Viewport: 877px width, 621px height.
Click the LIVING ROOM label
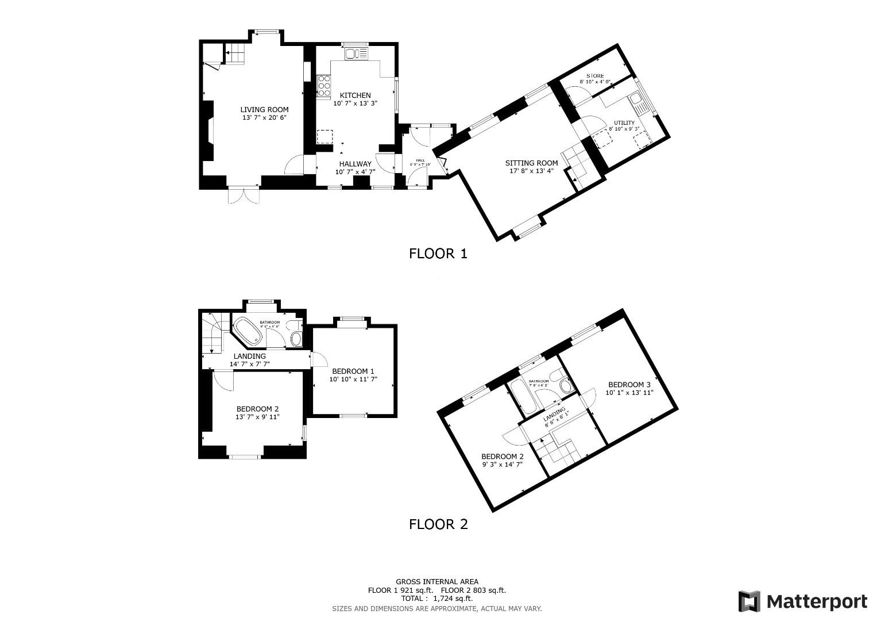[264, 109]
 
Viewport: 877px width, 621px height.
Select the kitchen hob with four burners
[323, 86]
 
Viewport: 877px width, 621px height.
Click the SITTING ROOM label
[531, 163]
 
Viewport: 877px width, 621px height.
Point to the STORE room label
[595, 76]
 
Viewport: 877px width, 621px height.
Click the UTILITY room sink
[638, 103]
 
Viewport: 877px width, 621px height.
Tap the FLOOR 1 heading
[438, 254]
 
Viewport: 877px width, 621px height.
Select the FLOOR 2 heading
[438, 524]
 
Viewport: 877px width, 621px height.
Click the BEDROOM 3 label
[629, 385]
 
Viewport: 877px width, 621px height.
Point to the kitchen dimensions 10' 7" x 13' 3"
[355, 103]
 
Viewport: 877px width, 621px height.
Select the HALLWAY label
[355, 164]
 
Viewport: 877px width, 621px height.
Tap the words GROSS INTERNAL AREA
[436, 582]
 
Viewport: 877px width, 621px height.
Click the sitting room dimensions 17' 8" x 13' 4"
[531, 171]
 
